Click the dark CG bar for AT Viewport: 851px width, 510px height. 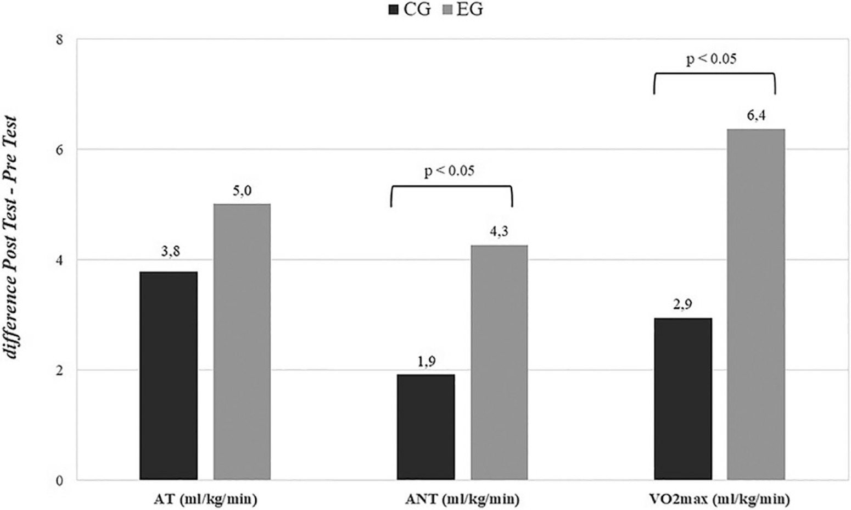coord(169,376)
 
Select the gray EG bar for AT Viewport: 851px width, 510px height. coord(242,342)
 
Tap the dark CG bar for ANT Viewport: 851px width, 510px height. coord(425,428)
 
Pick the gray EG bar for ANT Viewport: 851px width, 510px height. coord(499,363)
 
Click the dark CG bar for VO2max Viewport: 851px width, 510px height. coord(683,399)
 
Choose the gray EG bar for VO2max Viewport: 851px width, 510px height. coord(756,304)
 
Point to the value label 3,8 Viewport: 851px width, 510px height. coord(170,252)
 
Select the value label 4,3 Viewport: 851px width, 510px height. coord(499,231)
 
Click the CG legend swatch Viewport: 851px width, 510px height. coord(393,9)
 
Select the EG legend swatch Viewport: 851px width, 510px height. coord(446,9)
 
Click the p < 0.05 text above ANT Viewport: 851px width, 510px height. coord(449,171)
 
